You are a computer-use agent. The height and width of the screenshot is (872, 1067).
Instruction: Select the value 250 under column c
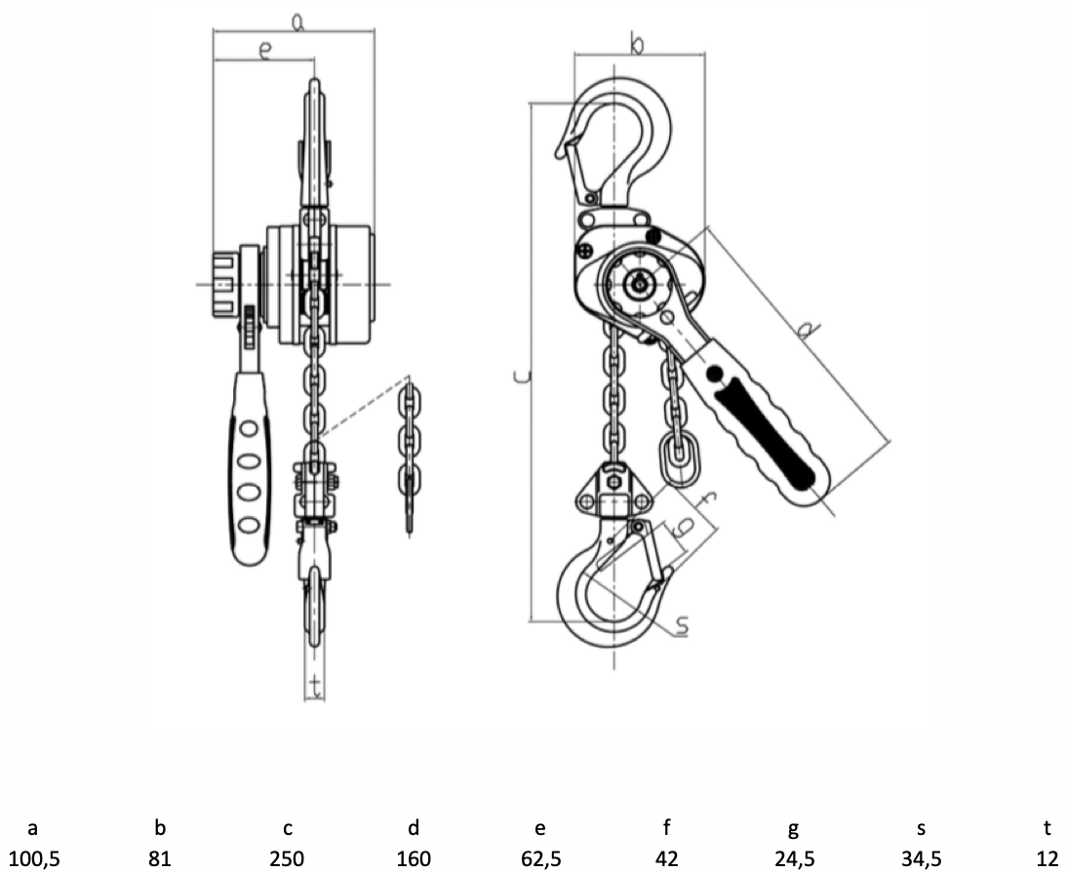[287, 859]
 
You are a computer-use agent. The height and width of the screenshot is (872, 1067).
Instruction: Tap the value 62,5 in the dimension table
[541, 859]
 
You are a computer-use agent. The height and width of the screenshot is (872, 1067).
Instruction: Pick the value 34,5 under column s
[922, 859]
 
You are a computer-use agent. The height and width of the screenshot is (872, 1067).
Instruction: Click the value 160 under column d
[414, 859]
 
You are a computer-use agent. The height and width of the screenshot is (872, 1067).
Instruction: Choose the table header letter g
[794, 829]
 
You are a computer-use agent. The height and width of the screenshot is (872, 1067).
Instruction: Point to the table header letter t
[1047, 827]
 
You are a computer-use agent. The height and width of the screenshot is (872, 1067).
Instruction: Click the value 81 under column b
[159, 859]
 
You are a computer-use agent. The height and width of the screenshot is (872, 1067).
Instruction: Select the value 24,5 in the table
[794, 859]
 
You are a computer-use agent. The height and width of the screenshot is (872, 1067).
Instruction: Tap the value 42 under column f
[667, 859]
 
